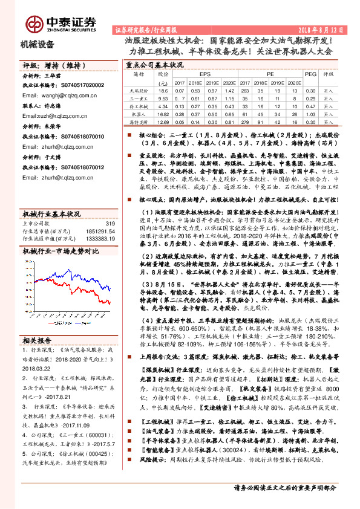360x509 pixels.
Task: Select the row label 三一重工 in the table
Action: coord(139,97)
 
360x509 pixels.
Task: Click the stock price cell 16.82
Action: coord(162,113)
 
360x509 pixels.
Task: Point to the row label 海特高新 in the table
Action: coord(139,122)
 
